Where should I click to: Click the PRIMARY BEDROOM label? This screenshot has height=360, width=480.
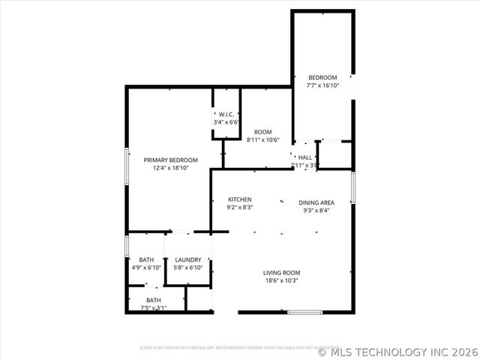[x=171, y=160]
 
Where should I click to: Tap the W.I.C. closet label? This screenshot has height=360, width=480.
[x=226, y=114]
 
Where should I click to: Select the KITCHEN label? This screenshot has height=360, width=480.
[x=240, y=199]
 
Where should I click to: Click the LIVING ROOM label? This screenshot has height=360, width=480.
[x=281, y=272]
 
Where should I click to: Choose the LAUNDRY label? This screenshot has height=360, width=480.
[x=188, y=260]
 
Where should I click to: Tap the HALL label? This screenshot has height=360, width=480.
[x=305, y=157]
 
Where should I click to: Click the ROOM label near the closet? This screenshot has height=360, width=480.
[x=262, y=132]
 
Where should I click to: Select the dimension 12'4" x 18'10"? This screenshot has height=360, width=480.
[x=171, y=169]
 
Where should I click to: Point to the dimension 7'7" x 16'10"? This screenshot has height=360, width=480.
[x=322, y=85]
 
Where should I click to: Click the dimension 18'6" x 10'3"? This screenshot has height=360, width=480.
[x=281, y=281]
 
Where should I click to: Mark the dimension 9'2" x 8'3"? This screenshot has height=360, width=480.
[x=240, y=208]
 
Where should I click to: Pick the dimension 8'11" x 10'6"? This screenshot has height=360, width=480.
[x=262, y=140]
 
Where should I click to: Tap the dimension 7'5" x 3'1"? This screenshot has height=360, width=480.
[x=154, y=307]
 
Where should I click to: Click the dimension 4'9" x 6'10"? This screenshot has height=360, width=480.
[x=146, y=268]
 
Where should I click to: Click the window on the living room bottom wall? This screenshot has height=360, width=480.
[x=305, y=312]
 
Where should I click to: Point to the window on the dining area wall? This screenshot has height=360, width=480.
[x=352, y=188]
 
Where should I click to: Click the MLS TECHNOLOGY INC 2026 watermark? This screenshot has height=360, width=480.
[x=397, y=350]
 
